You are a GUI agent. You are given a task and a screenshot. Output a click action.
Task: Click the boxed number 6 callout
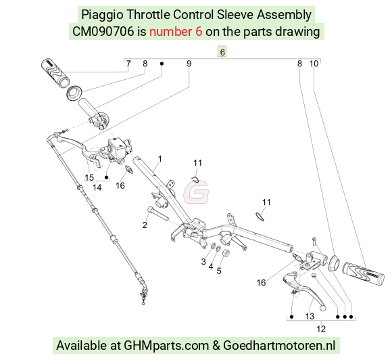click(x=222, y=52)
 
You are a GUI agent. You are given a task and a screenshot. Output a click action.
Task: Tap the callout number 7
click(x=128, y=64)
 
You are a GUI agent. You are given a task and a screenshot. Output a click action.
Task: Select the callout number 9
click(x=189, y=64)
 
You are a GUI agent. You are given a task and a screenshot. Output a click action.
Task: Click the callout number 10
click(x=314, y=64)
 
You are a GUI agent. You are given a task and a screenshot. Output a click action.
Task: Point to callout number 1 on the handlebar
click(x=160, y=159)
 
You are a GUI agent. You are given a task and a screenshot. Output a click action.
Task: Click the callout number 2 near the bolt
click(x=145, y=225)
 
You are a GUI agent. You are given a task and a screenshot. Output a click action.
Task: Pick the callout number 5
click(x=219, y=271)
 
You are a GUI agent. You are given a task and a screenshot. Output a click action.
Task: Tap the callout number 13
click(x=310, y=316)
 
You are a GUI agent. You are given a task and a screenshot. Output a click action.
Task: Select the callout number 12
click(x=321, y=329)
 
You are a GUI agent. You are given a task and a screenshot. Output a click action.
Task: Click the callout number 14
click(x=97, y=187)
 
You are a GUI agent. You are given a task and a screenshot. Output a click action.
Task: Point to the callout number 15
click(x=89, y=177)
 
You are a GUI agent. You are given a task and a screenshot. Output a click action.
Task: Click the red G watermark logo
click(x=196, y=192)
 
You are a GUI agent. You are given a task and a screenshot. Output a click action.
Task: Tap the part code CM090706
click(x=103, y=32)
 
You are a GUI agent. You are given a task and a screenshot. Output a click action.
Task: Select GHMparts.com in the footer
click(x=166, y=346)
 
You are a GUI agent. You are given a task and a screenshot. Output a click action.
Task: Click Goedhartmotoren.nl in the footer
click(x=279, y=346)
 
